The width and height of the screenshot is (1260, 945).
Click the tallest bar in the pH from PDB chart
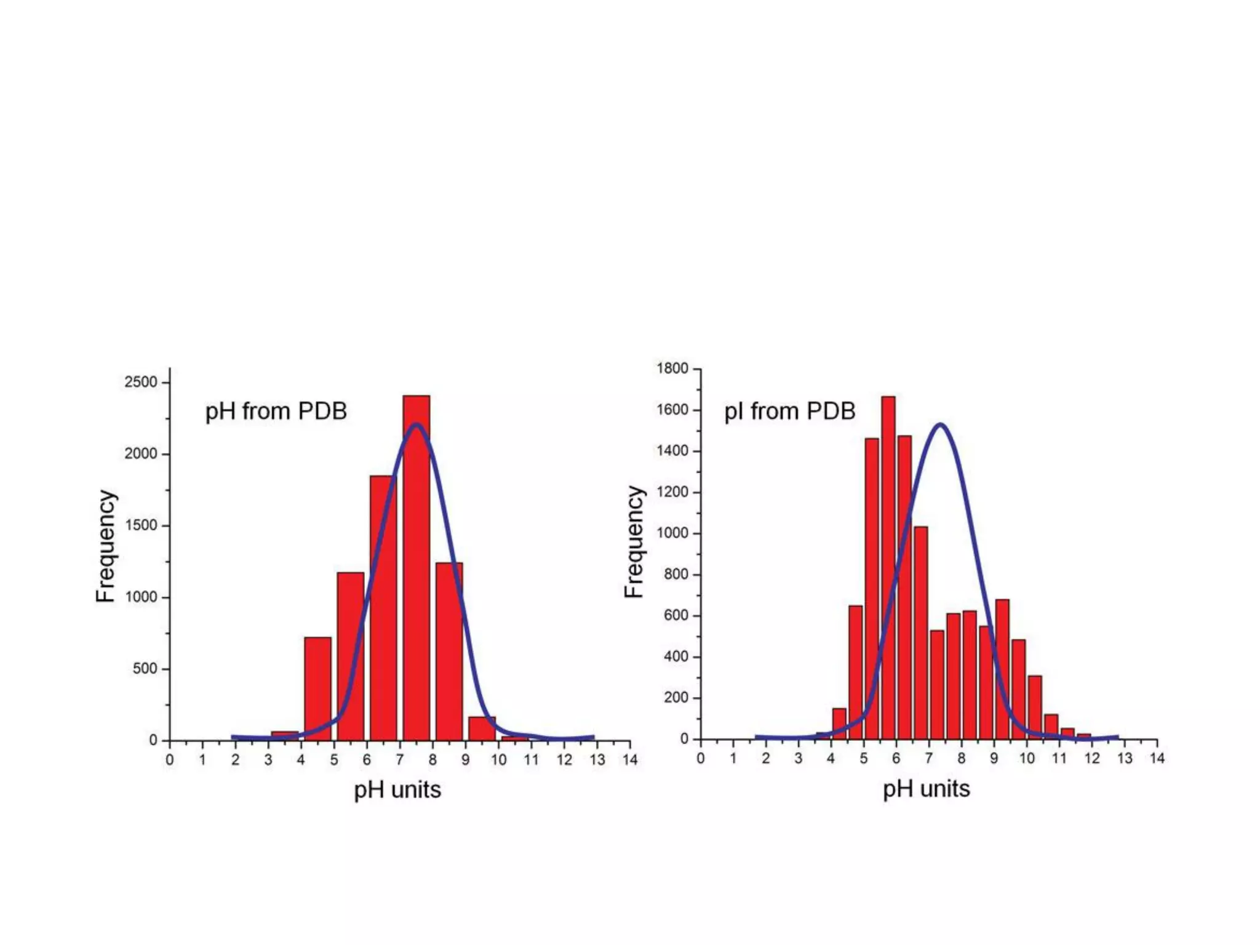coord(416,566)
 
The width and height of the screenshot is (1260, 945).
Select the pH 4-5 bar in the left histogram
coord(317,689)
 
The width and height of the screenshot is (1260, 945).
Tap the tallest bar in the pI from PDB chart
coord(888,566)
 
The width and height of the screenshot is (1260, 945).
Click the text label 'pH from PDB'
coord(276,411)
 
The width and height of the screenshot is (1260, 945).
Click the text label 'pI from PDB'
coord(789,411)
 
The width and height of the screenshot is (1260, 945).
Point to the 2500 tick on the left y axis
coord(141,382)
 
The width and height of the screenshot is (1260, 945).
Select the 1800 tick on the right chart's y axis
coord(672,369)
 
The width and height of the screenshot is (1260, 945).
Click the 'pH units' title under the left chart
coord(397,789)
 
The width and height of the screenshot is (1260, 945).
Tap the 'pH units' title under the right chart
coord(927,789)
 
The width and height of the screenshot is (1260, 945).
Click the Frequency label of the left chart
coord(106,546)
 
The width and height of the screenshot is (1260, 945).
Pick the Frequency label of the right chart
coord(634,541)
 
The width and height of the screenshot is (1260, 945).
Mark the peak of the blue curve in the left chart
coord(416,424)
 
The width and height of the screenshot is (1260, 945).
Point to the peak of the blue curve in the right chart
coord(940,424)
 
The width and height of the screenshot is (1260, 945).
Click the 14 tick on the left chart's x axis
coord(630,760)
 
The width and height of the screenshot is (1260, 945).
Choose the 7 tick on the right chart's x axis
coord(928,759)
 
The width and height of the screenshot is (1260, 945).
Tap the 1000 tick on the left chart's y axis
coord(141,597)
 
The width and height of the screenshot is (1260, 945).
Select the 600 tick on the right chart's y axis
coord(676,615)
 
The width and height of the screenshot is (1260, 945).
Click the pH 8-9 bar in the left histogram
coord(449,652)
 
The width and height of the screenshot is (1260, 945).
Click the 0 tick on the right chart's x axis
coord(700,759)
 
